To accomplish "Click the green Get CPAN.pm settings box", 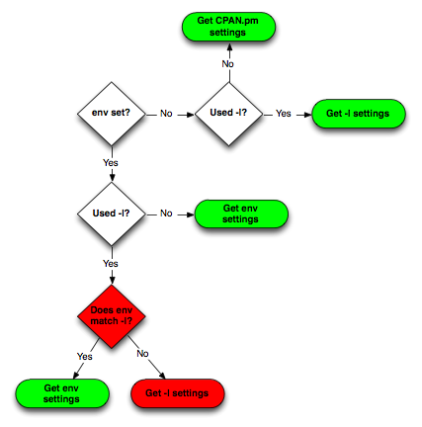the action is click(228, 27).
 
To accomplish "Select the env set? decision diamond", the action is click(112, 114).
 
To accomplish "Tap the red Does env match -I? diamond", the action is click(112, 316).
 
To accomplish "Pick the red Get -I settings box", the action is click(178, 393).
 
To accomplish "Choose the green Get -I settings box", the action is click(359, 114).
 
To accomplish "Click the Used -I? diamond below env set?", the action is click(112, 213).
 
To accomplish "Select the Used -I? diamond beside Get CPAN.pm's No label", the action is click(229, 114).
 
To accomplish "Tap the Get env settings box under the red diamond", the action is click(62, 393).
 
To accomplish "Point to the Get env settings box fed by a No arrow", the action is click(241, 213).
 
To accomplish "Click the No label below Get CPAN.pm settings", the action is click(228, 63).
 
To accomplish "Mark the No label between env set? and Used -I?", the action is click(166, 114).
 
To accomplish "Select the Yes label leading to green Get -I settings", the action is click(284, 114).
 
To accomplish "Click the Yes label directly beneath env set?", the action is click(111, 163).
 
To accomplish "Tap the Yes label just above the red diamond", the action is click(111, 264).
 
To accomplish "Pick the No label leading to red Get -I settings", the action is click(142, 354).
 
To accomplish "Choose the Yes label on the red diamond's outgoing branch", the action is click(85, 357).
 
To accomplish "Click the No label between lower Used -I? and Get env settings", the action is click(166, 213).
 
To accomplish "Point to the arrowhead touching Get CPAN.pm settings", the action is click(229, 45).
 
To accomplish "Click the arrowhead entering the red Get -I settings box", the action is click(162, 376).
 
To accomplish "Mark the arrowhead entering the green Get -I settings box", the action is click(307, 115).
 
